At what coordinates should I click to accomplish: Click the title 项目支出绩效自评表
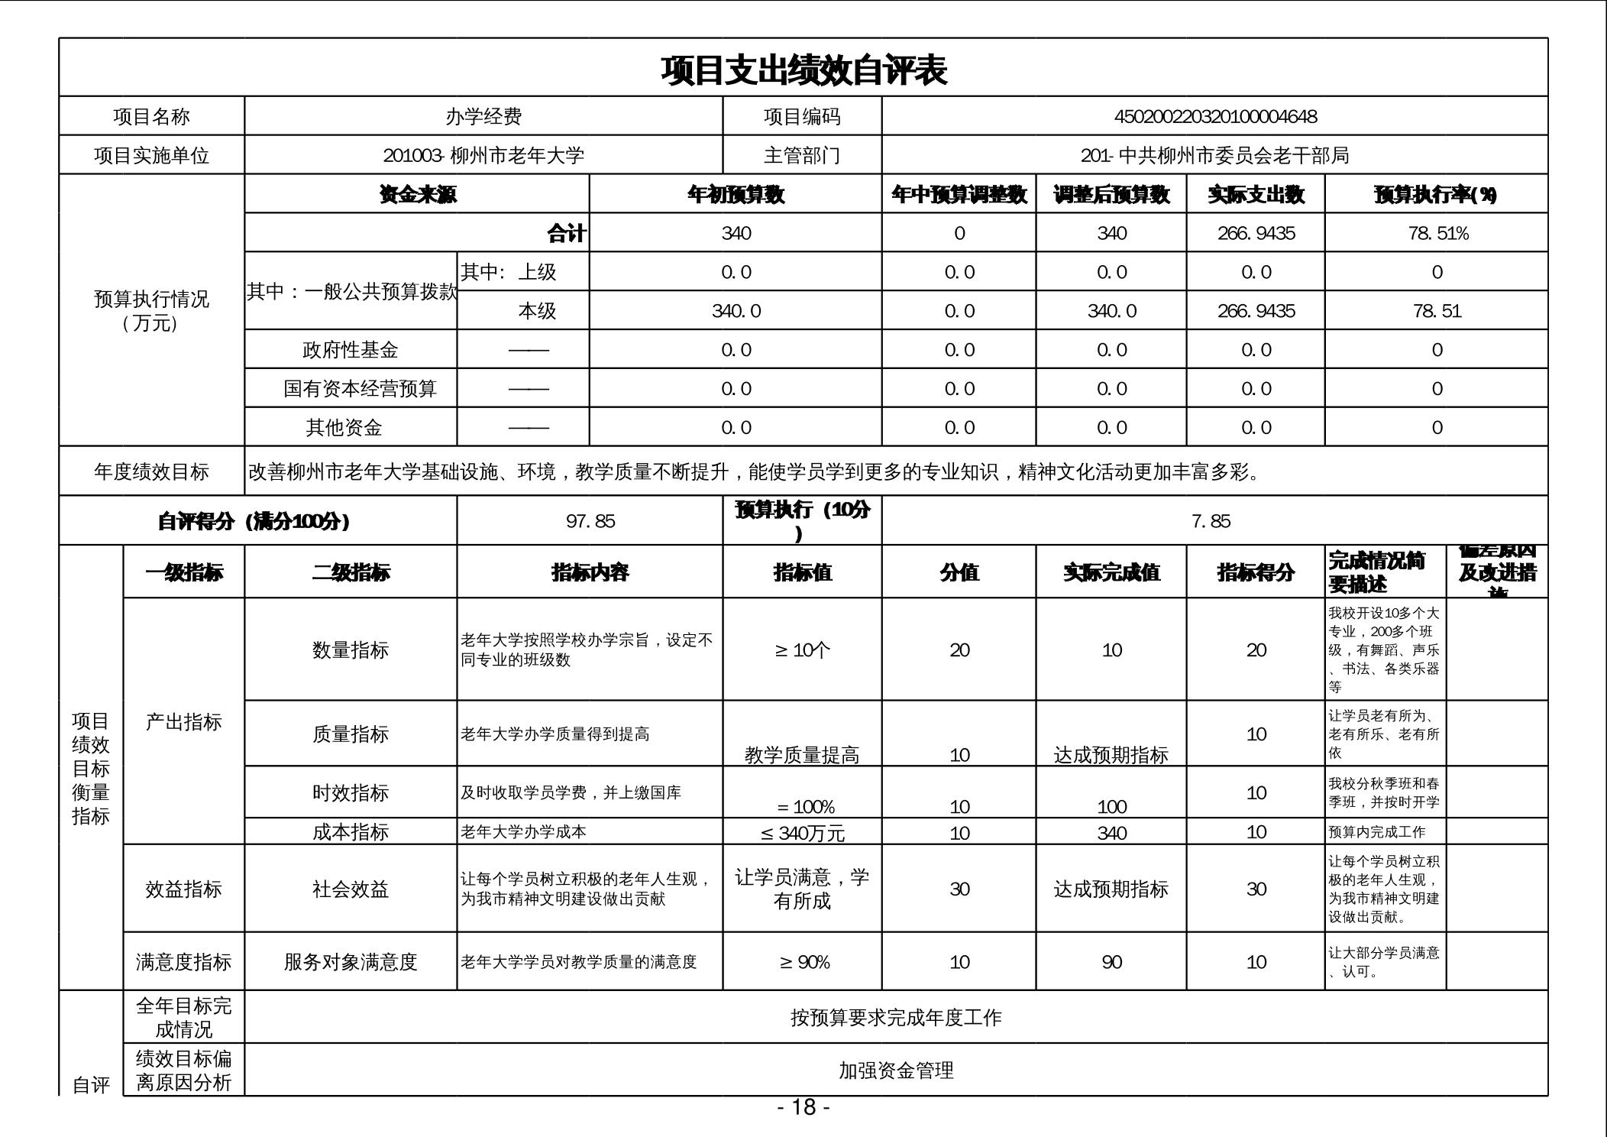(x=803, y=70)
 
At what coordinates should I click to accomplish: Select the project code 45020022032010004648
(x=1215, y=117)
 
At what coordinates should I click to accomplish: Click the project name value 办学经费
(x=483, y=117)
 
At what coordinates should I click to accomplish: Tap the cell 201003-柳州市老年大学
(x=483, y=156)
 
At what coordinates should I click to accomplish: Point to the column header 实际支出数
(x=1256, y=195)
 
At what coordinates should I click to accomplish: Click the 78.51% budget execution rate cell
(x=1437, y=234)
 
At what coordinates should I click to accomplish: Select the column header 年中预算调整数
(x=959, y=195)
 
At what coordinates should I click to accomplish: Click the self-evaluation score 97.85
(x=590, y=521)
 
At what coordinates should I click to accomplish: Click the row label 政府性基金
(x=351, y=350)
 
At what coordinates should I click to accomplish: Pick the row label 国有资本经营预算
(x=360, y=389)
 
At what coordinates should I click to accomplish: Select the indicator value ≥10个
(x=802, y=650)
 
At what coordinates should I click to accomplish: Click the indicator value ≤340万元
(x=802, y=833)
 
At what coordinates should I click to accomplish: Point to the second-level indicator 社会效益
(x=351, y=889)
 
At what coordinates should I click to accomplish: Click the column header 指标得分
(x=1256, y=572)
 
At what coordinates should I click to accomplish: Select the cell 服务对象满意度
(x=351, y=962)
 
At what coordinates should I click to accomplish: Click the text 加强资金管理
(x=896, y=1071)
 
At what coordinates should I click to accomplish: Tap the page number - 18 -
(x=803, y=1107)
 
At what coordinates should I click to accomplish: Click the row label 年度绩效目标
(x=151, y=472)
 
